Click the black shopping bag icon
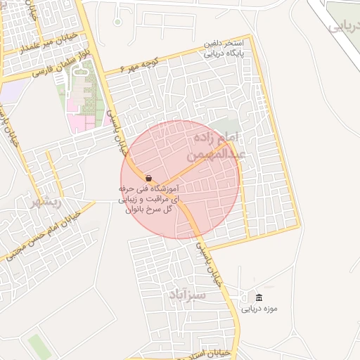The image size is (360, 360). point(148,178)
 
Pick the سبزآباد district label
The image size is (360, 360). point(186,295)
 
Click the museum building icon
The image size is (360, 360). point(259,297)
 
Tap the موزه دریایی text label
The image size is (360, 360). point(260,309)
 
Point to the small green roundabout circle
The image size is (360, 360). point(117,21)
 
